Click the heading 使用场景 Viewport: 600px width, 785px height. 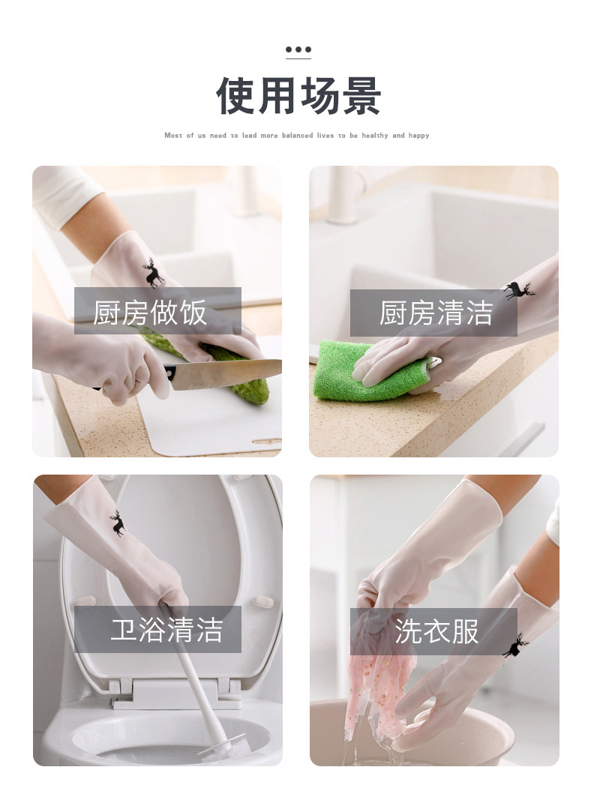point(299,96)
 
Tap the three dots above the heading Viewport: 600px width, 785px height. point(298,50)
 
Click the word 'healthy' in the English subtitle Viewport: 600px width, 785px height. point(375,136)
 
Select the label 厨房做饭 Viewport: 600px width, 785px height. point(150,312)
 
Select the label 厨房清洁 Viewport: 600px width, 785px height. point(435,313)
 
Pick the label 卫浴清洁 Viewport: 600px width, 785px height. point(166,629)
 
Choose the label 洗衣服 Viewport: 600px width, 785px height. point(436,631)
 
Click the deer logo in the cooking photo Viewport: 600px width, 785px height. point(154,273)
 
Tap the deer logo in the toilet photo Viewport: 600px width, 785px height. point(118,523)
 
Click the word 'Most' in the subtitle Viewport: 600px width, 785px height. point(173,136)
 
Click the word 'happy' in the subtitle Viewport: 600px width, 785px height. point(419,136)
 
